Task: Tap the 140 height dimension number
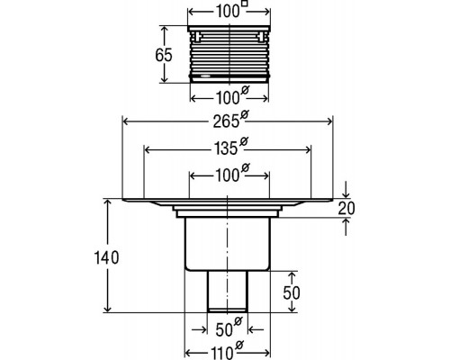pos(106,257)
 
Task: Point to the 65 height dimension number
pos(164,55)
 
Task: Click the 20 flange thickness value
pos(346,209)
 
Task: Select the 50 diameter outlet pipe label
pos(229,327)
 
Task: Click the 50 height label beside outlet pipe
pos(292,292)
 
